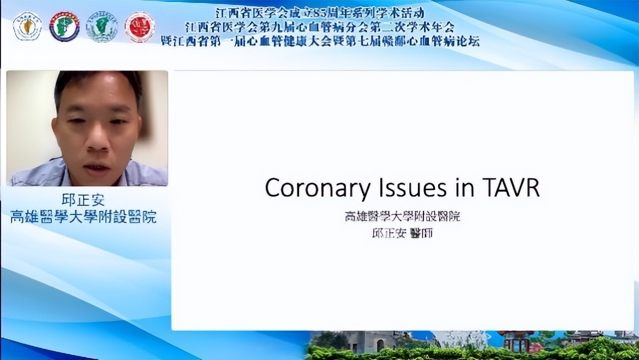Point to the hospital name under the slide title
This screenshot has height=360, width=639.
coord(402,217)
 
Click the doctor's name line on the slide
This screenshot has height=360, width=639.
coord(402,234)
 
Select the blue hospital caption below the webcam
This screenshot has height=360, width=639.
coord(84,217)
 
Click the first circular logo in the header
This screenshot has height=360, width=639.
coord(28,27)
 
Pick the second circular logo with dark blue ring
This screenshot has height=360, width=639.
coord(64,27)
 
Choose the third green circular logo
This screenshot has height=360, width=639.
coord(102,27)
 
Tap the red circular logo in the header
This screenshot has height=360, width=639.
coord(140,27)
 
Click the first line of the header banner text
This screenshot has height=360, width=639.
coord(320,13)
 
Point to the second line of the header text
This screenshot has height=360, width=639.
coord(320,27)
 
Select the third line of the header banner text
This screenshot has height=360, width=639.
coord(320,41)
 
